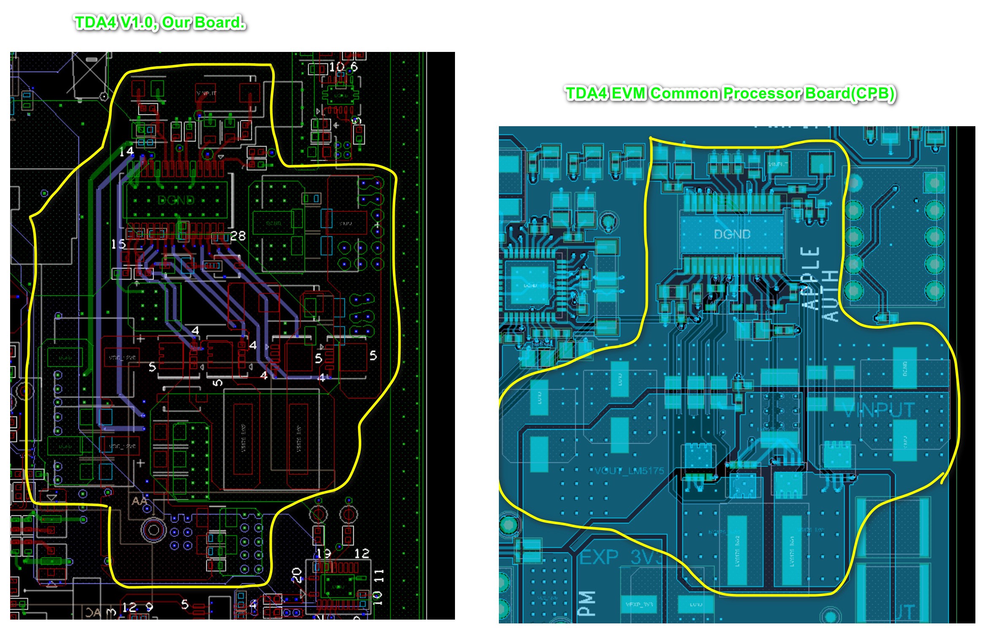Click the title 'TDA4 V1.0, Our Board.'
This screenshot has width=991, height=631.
click(160, 22)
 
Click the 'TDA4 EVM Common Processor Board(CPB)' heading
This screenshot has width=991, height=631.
click(730, 93)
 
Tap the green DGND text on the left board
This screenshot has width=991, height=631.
click(176, 200)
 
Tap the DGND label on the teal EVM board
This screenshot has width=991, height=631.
click(732, 234)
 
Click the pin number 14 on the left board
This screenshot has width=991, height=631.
click(126, 152)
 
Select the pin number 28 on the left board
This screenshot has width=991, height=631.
click(238, 236)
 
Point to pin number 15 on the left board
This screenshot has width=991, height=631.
click(118, 244)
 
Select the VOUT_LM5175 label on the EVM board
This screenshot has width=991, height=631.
click(629, 471)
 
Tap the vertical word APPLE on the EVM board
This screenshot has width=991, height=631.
click(810, 279)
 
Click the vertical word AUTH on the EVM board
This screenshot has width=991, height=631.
click(831, 295)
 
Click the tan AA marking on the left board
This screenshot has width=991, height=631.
click(139, 501)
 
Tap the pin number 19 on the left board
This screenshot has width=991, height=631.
click(324, 553)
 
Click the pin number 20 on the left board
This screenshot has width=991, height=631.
click(296, 574)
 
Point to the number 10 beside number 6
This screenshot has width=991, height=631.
click(337, 67)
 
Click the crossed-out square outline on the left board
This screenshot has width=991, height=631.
click(90, 75)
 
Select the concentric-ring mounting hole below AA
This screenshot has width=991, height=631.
click(153, 530)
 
